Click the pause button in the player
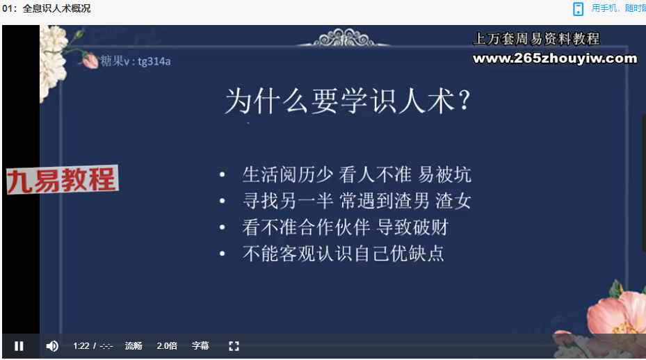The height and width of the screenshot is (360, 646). [x=19, y=346]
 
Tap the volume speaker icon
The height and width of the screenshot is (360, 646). [x=52, y=346]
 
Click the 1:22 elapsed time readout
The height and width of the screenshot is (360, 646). [x=81, y=346]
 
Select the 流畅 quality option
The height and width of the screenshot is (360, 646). [x=134, y=346]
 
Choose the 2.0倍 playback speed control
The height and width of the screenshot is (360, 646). [x=167, y=346]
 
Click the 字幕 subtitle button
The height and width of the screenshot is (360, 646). [x=200, y=346]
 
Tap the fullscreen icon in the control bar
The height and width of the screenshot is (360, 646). [x=234, y=346]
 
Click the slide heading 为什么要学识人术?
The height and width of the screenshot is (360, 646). [x=348, y=101]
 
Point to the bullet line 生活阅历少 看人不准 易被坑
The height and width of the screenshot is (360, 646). [x=357, y=174]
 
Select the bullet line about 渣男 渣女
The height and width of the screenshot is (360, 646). [x=357, y=201]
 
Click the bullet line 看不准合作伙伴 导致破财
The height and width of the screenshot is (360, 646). [x=345, y=227]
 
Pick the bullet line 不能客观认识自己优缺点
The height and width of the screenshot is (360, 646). [x=344, y=253]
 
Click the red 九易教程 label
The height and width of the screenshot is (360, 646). [x=62, y=180]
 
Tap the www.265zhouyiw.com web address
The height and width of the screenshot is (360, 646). [x=555, y=58]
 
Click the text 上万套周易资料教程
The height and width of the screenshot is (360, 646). [x=537, y=39]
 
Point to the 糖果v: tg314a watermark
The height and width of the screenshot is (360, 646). [x=136, y=61]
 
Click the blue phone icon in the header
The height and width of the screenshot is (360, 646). [x=579, y=8]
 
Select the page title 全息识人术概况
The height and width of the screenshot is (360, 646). [x=56, y=8]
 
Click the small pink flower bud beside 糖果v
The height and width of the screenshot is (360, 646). [x=90, y=60]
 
